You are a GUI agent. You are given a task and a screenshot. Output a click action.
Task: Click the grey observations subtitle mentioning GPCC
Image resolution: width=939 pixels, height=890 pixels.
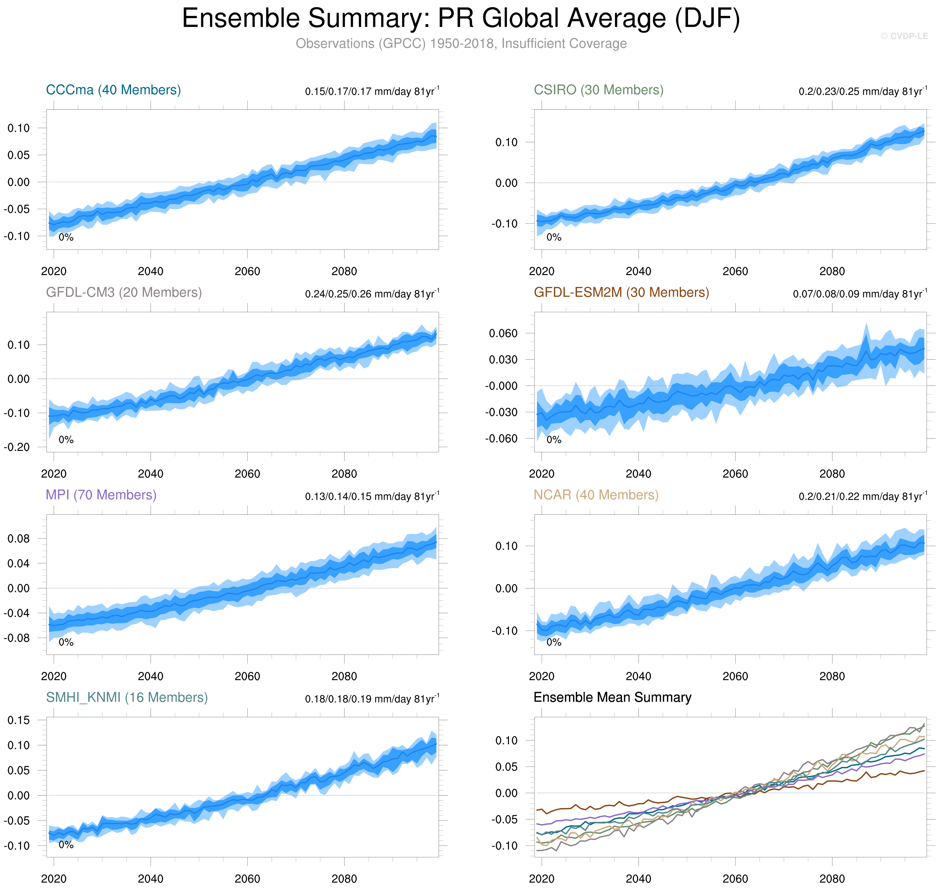(x=461, y=44)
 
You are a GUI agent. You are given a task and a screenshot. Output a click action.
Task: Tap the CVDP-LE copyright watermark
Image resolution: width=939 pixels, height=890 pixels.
(x=904, y=36)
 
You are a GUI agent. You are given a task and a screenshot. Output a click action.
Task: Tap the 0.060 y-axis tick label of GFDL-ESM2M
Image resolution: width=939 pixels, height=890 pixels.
(x=503, y=334)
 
